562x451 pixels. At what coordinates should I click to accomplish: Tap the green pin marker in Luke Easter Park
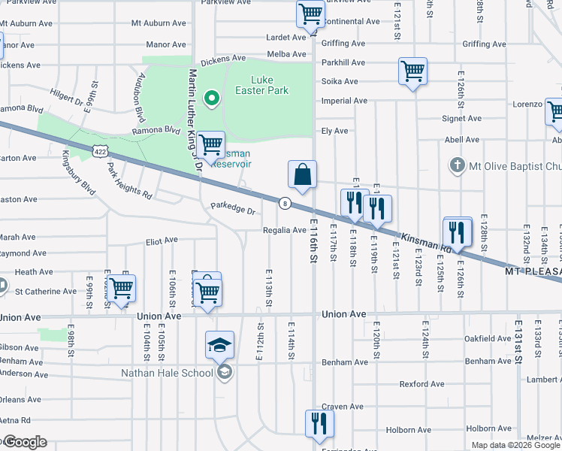[213, 97]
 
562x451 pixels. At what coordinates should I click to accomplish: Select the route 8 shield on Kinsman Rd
[286, 203]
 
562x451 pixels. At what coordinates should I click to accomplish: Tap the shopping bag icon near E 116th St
[302, 175]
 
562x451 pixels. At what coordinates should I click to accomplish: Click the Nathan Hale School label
[168, 373]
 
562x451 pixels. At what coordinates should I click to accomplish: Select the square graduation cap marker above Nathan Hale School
[220, 345]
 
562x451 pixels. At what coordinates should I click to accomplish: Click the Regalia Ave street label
[284, 230]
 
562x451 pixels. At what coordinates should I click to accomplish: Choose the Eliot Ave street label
[161, 241]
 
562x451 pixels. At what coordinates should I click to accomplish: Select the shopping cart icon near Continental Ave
[310, 14]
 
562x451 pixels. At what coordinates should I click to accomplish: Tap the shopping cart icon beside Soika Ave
[412, 72]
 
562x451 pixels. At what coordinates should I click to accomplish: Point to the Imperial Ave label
[344, 101]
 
